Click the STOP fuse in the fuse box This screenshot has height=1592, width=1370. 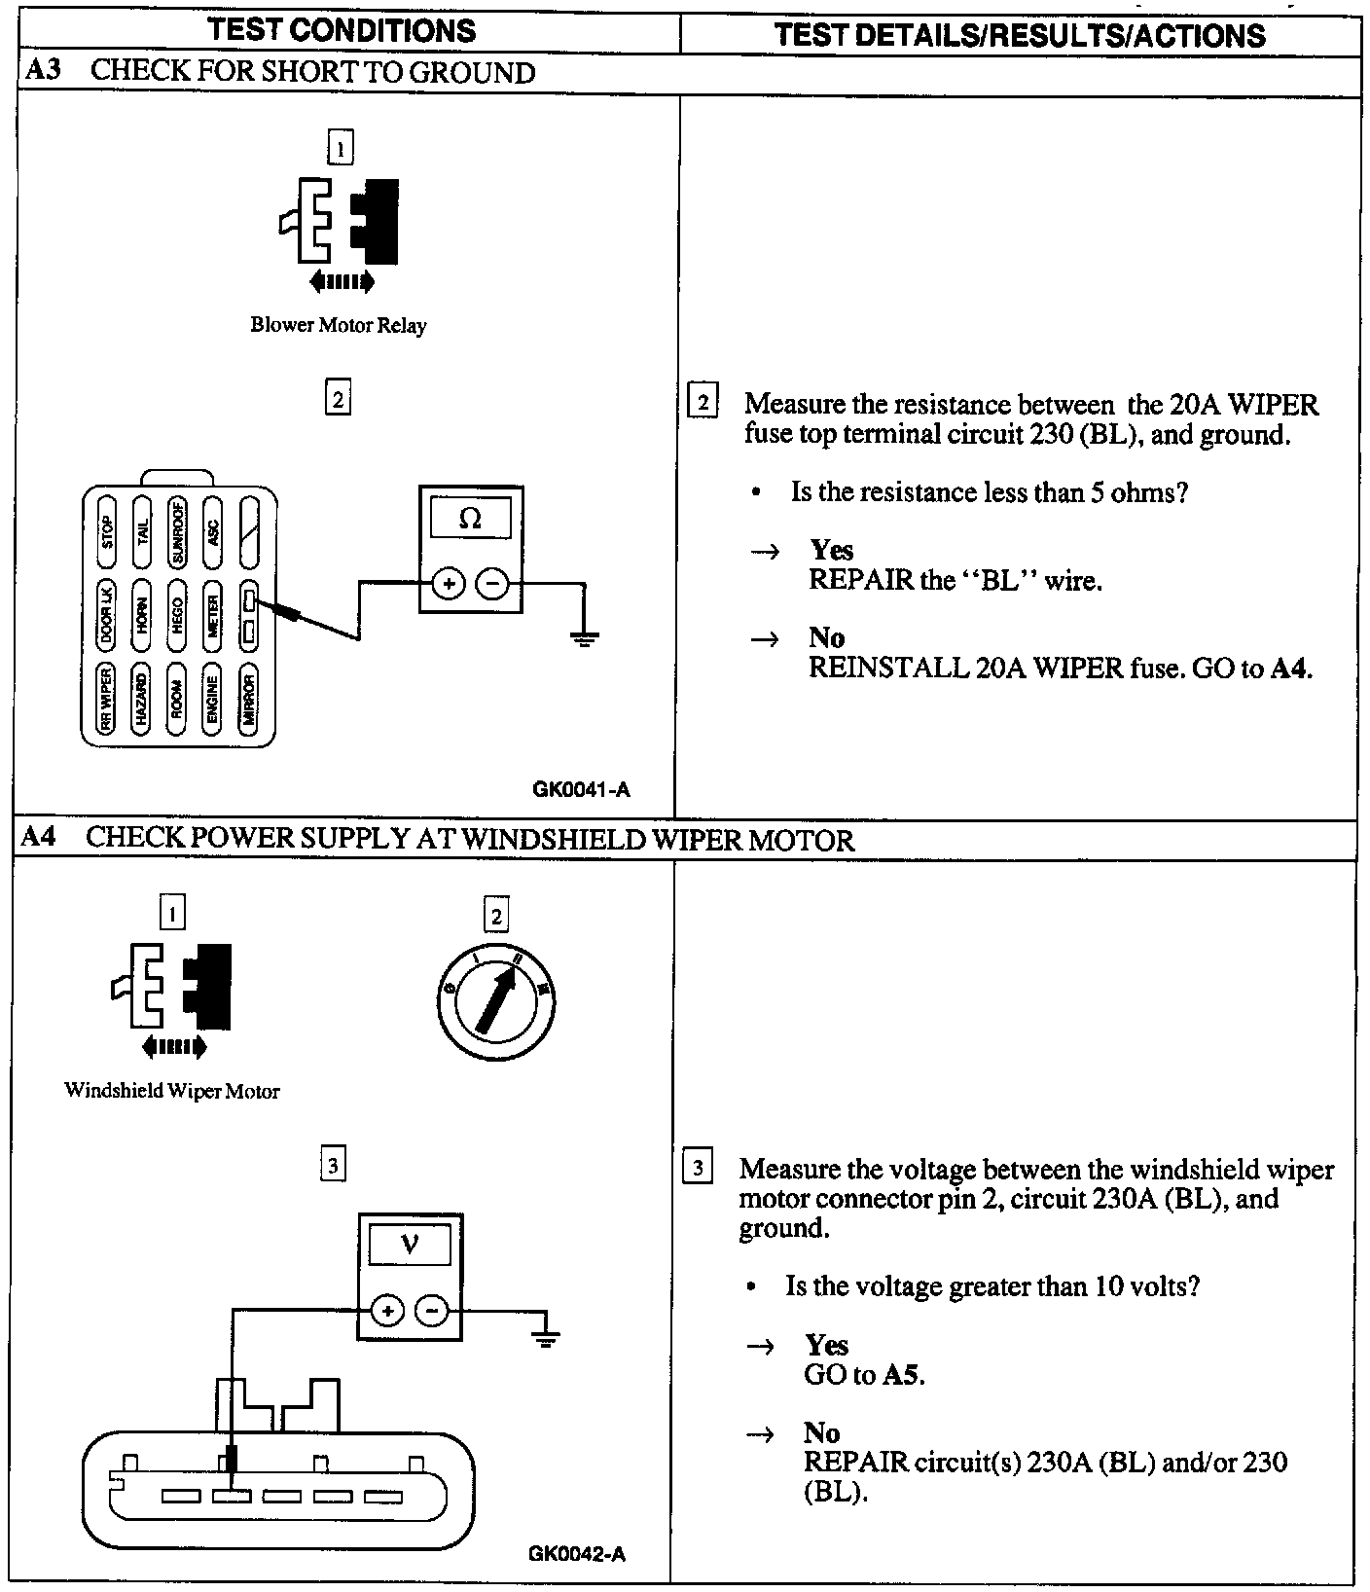(x=107, y=532)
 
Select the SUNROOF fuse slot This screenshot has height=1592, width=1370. (x=178, y=532)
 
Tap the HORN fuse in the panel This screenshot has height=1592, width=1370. (x=142, y=616)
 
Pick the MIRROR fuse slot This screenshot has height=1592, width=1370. (x=249, y=701)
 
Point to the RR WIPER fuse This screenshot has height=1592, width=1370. (x=107, y=701)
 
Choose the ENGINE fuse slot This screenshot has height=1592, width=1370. (x=214, y=701)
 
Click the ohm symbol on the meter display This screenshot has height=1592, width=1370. (x=470, y=519)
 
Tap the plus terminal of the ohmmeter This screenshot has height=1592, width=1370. (x=449, y=584)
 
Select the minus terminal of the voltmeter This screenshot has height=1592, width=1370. (x=431, y=1312)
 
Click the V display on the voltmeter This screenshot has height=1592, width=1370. (x=410, y=1245)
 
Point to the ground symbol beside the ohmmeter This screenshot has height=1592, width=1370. (x=584, y=638)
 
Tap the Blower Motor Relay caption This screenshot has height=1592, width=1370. (x=338, y=325)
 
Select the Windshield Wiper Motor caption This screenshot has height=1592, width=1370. (x=172, y=1091)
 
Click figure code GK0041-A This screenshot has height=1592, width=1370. (x=581, y=789)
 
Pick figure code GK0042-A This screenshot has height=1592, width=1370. (x=577, y=1554)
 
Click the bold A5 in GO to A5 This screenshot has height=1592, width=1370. (x=902, y=1374)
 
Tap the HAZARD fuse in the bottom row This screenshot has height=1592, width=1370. (x=142, y=701)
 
